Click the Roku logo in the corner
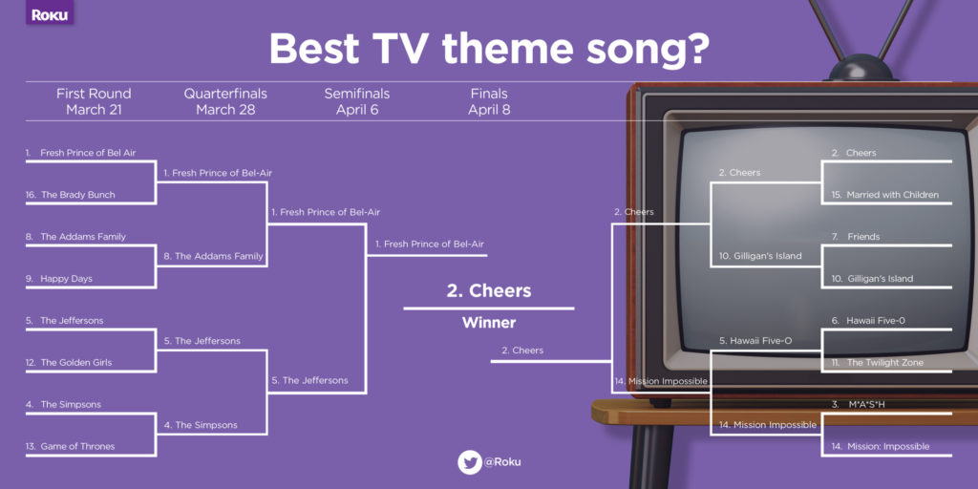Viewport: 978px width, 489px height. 50,14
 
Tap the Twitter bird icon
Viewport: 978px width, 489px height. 469,462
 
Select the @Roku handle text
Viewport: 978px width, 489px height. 501,462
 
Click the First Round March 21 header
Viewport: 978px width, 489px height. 94,101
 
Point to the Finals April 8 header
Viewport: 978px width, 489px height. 488,101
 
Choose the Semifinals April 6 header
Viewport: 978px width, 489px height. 357,101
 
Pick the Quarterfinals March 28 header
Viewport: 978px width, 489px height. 225,101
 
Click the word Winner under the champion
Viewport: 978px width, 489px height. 489,323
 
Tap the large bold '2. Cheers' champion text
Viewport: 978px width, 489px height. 489,290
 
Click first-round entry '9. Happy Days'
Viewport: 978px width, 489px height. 60,279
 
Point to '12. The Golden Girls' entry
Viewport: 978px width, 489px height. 72,363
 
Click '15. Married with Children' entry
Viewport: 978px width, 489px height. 884,195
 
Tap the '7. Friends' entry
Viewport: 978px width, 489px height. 856,237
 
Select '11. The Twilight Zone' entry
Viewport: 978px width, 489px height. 877,363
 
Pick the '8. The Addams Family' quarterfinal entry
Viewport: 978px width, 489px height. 213,256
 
